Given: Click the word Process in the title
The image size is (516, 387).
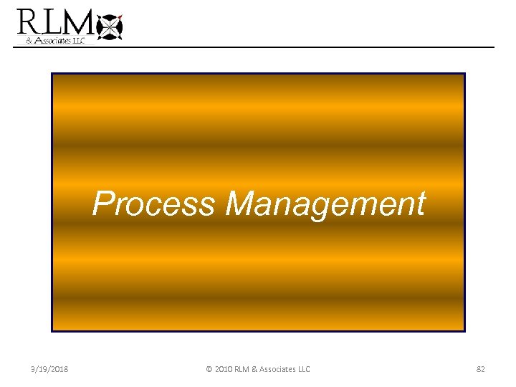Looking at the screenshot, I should click(154, 204).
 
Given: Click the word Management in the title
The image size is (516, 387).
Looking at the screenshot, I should click(325, 204).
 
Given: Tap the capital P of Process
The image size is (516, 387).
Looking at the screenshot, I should click(103, 204).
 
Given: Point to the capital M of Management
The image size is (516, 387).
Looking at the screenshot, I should click(242, 204).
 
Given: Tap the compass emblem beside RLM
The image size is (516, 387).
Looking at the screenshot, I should click(110, 27).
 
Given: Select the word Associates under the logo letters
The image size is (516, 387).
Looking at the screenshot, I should click(51, 42).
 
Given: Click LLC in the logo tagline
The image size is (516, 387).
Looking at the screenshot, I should click(77, 42).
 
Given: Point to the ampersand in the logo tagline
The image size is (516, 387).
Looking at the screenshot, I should click(29, 42).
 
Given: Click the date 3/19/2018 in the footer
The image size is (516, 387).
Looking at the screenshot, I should click(50, 369).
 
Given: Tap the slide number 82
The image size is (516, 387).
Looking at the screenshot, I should click(481, 369).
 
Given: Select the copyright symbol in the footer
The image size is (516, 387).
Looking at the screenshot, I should click(209, 369).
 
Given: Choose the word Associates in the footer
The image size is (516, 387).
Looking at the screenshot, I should click(279, 369).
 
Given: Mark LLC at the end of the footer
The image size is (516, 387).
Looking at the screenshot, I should click(304, 369).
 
